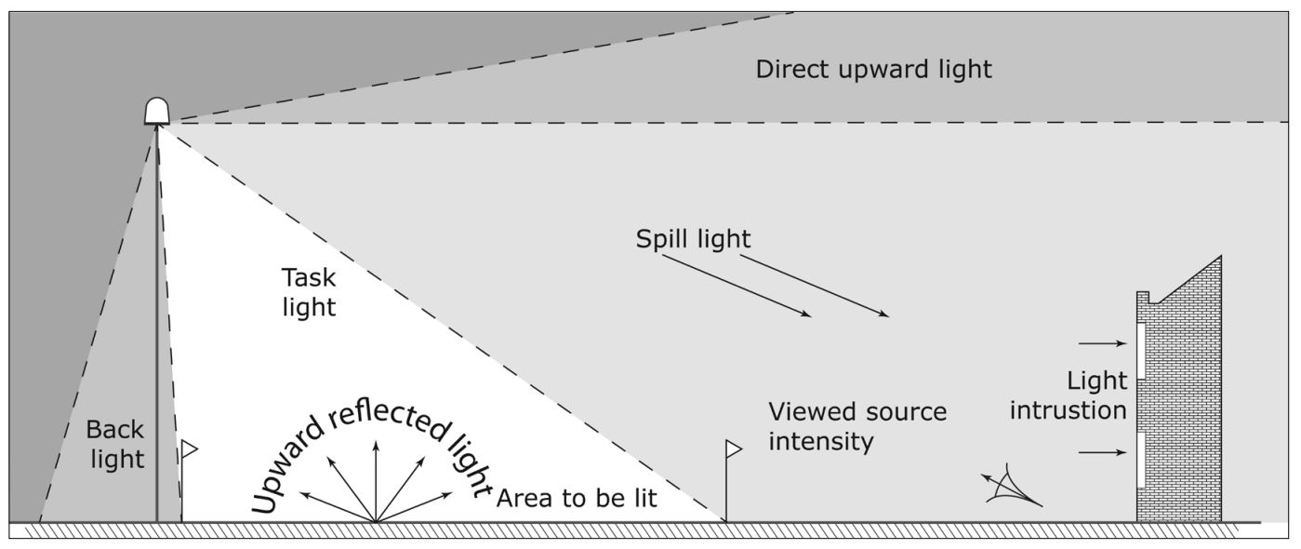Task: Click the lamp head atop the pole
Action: point(157,111)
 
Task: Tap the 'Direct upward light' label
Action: point(873,70)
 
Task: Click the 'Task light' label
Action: point(309,291)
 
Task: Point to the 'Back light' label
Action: point(115,444)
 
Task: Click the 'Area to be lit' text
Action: point(577,498)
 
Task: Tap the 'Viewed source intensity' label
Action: point(856,425)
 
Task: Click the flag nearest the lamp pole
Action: point(189,450)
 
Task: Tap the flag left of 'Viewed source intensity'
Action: point(733,449)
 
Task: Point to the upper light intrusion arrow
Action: point(1102,343)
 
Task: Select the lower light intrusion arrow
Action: point(1102,453)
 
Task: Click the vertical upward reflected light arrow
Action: point(376,479)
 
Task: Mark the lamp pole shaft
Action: point(156,326)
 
